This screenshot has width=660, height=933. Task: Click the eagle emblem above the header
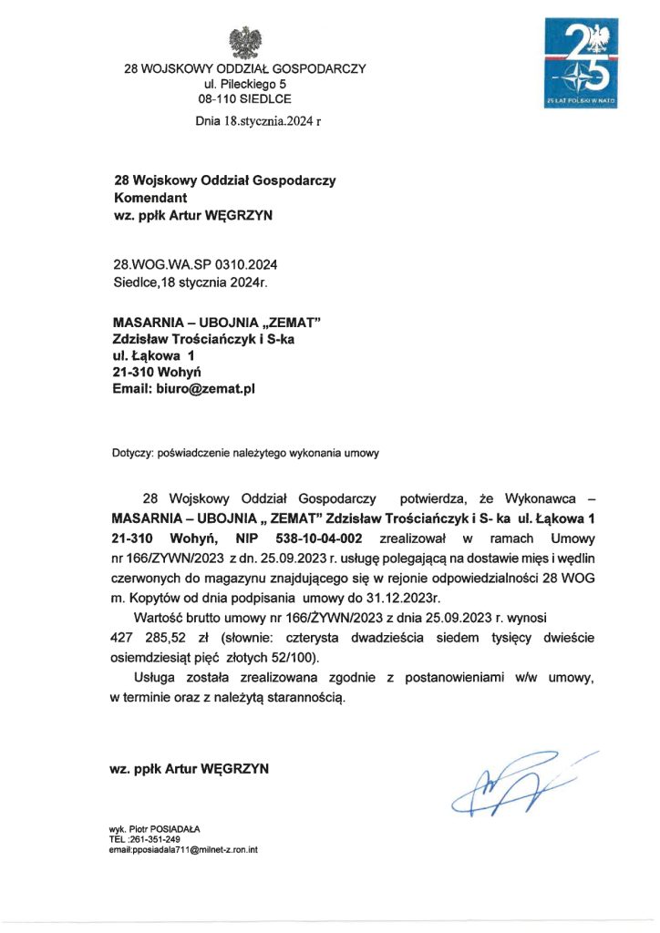[x=244, y=42]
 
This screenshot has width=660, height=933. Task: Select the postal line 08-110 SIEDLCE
[x=245, y=98]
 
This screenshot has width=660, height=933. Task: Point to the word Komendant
[x=150, y=197]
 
